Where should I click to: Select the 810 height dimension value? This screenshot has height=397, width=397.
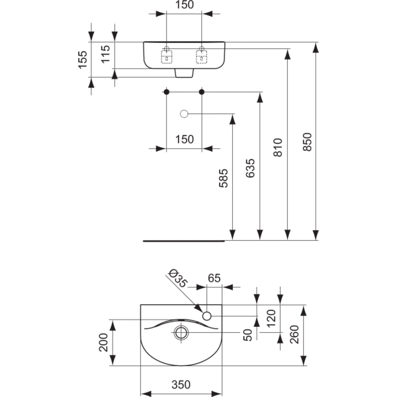(x=278, y=148)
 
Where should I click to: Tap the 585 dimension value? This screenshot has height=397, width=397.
(x=223, y=179)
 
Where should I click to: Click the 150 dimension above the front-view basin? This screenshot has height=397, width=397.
(x=185, y=5)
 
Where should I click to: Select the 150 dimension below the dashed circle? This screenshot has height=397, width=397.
(x=185, y=139)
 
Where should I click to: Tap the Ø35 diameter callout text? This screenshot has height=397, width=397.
(x=178, y=277)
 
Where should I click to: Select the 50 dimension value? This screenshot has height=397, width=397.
(x=247, y=335)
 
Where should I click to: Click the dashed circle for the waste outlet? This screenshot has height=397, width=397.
(x=185, y=114)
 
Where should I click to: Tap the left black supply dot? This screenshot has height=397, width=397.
(x=167, y=91)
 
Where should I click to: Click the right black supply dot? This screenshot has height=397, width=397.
(x=202, y=91)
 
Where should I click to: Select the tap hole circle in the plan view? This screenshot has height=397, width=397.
(x=207, y=316)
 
